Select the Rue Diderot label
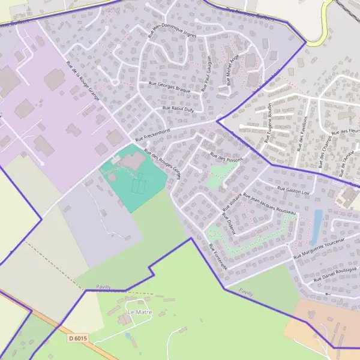(229, 223)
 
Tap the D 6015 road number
(78, 338)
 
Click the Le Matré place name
(140, 313)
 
